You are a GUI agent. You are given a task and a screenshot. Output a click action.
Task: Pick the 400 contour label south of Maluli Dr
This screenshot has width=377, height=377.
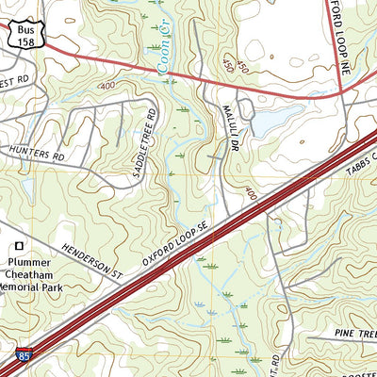[x=251, y=194]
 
